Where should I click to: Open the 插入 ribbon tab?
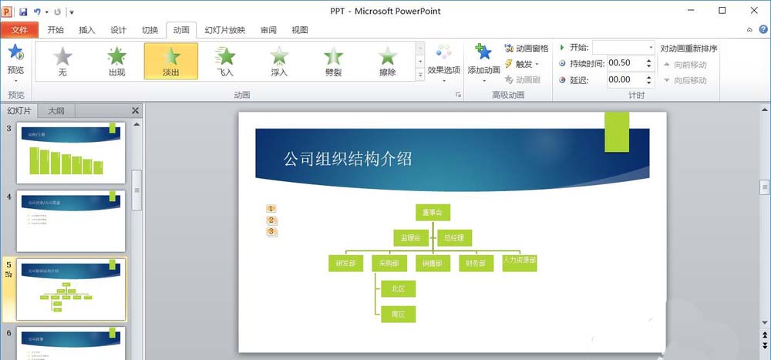point(87,30)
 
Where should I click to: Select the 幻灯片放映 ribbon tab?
point(224,30)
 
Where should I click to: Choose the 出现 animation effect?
point(116,62)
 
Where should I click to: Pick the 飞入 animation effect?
point(225,62)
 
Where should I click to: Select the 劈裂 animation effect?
point(333,62)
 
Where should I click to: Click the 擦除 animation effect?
point(387,62)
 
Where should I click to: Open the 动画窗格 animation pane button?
point(527,49)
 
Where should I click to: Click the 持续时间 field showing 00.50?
point(629,63)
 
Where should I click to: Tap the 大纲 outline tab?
point(56,110)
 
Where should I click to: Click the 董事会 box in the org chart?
point(432,212)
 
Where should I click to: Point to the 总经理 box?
point(455,237)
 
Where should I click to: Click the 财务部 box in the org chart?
point(476,263)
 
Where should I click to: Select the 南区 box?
point(398,314)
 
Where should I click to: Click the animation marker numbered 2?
point(271,220)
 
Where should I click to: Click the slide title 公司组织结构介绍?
point(347,159)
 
